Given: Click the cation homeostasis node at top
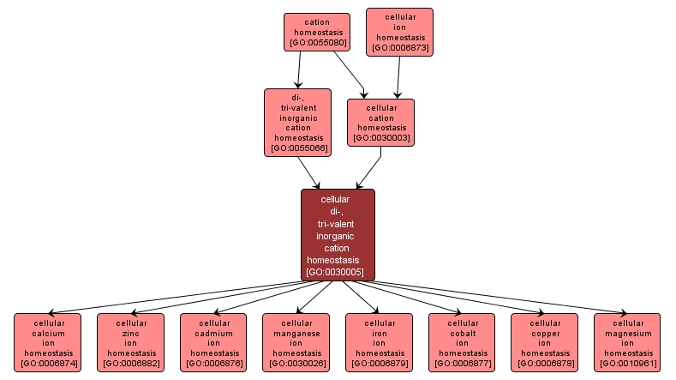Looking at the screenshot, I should tap(317, 31).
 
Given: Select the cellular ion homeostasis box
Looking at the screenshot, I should tap(399, 32).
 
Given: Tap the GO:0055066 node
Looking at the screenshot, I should tap(297, 123).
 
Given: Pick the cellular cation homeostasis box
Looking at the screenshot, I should tap(380, 123).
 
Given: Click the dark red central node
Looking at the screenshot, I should tap(338, 234).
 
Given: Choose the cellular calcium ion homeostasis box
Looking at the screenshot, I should tap(47, 342).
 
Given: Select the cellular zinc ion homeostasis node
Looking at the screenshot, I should tap(130, 342).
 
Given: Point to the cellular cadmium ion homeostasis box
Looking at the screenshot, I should tap(213, 342).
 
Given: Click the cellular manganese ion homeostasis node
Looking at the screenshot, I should tap(296, 342).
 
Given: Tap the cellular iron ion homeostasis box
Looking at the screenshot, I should tap(380, 342).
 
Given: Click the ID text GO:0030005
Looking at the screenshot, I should tap(335, 272).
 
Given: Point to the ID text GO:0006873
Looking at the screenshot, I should tap(399, 47).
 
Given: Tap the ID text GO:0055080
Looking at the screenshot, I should tap(317, 41).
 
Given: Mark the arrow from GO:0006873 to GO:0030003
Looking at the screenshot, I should tap(395, 77).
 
